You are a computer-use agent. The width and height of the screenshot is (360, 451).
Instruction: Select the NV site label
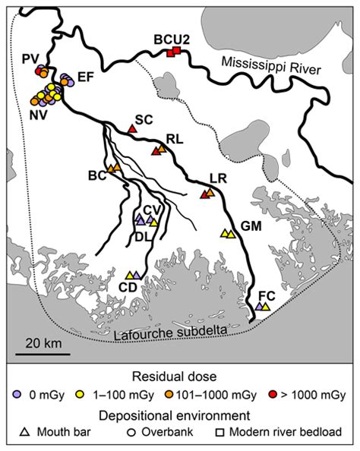[34, 115]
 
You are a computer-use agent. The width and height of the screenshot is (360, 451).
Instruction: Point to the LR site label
[217, 179]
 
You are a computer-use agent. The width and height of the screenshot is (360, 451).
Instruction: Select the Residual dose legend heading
[179, 376]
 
